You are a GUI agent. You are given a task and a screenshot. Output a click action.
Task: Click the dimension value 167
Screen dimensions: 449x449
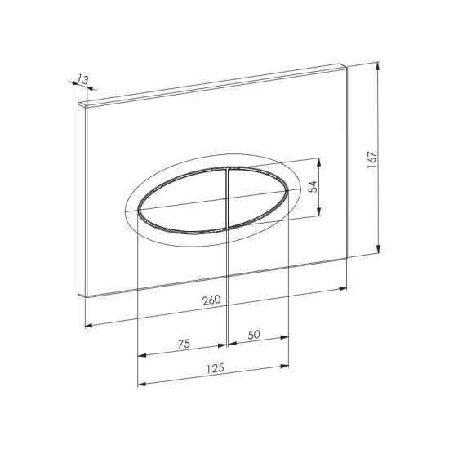click(x=371, y=159)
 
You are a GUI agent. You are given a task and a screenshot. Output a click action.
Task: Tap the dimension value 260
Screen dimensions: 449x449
click(x=211, y=300)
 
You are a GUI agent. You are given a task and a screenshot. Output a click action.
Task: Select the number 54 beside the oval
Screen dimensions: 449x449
click(x=313, y=187)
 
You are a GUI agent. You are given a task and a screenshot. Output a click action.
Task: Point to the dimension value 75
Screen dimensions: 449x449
click(x=184, y=344)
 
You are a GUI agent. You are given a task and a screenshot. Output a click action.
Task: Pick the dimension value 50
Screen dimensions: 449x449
click(x=254, y=335)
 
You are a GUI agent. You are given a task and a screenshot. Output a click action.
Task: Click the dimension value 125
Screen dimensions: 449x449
click(x=216, y=368)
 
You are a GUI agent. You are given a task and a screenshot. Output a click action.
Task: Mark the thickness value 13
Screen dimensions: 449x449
click(x=83, y=79)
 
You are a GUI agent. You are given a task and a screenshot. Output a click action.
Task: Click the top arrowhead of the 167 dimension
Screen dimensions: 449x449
click(x=378, y=66)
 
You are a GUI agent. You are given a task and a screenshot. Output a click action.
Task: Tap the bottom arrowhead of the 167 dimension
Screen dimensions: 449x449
click(x=378, y=248)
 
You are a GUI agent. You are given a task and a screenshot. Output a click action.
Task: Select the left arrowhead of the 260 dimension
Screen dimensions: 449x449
click(x=89, y=325)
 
